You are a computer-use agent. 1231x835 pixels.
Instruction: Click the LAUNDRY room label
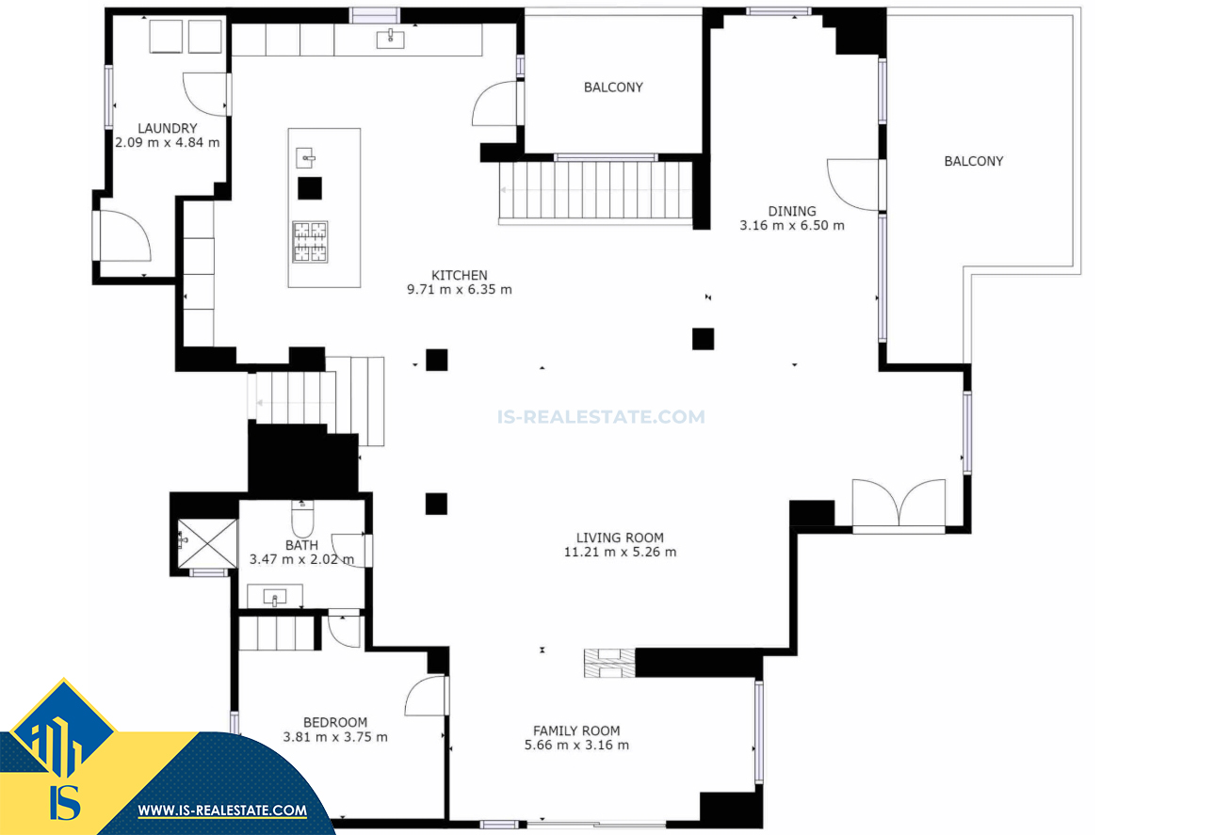[x=167, y=129]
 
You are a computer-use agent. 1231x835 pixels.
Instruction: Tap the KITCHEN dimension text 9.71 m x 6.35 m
[x=460, y=290]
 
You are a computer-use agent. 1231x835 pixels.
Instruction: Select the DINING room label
[x=792, y=211]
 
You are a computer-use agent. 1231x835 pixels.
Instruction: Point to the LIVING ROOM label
[x=620, y=538]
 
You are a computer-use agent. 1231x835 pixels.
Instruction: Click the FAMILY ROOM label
[x=576, y=731]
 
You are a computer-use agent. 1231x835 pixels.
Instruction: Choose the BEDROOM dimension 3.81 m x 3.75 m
[x=335, y=737]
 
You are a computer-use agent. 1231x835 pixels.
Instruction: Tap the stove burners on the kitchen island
[x=310, y=242]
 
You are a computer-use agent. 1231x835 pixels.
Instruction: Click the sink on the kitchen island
[x=305, y=157]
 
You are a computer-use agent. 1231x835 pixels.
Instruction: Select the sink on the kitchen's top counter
[x=390, y=39]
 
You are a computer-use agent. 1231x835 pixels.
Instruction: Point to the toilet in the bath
[x=302, y=518]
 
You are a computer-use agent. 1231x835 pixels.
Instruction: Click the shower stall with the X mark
[x=207, y=543]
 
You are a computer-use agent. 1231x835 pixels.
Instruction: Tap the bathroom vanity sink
[x=275, y=596]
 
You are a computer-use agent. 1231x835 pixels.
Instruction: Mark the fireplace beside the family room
[x=608, y=663]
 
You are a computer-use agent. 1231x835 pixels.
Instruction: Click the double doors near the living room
[x=899, y=505]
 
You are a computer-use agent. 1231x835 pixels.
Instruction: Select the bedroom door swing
[x=425, y=696]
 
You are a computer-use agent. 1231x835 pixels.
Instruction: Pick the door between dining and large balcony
[x=853, y=185]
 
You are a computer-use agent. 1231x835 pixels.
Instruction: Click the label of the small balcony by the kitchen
[x=613, y=88]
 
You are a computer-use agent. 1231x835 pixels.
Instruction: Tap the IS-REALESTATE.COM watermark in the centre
[x=601, y=417]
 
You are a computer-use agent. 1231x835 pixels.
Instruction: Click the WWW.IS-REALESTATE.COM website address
[x=222, y=811]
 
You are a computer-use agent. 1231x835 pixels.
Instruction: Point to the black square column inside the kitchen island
[x=310, y=188]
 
